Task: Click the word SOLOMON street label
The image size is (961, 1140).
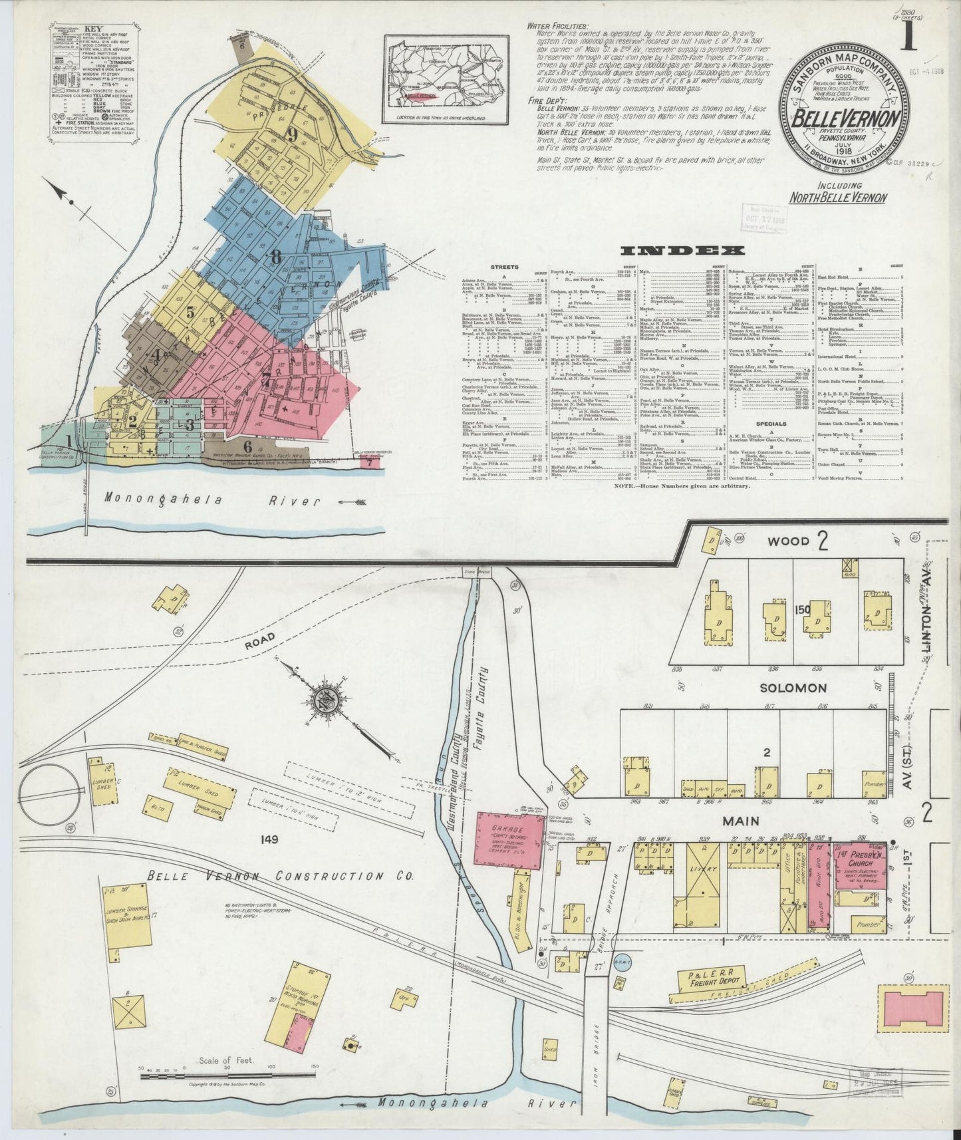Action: coord(793,688)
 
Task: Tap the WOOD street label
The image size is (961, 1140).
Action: coord(789,541)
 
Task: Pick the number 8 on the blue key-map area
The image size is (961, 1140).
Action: coord(275,255)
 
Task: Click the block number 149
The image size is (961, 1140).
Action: coord(269,839)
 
